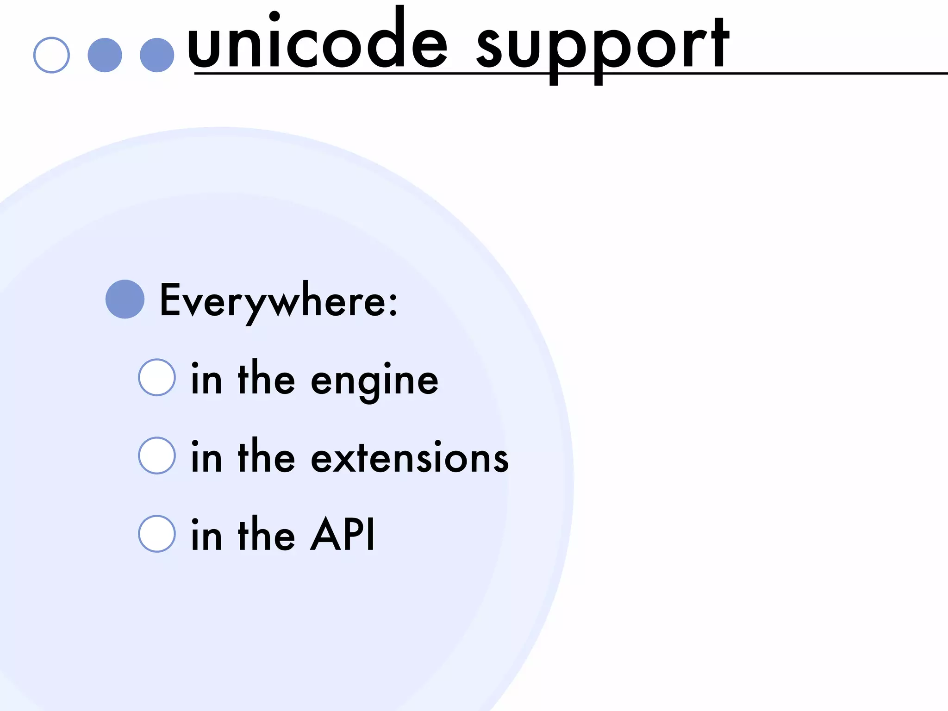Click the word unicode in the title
click(317, 44)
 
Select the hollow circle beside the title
click(51, 55)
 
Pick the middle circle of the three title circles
click(105, 55)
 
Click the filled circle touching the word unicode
click(157, 55)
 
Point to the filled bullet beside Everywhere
click(125, 299)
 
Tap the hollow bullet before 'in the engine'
click(157, 377)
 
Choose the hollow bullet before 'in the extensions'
click(157, 455)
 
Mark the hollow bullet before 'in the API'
click(157, 534)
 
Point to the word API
click(343, 535)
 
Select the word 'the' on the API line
click(266, 535)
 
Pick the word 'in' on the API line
click(206, 535)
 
